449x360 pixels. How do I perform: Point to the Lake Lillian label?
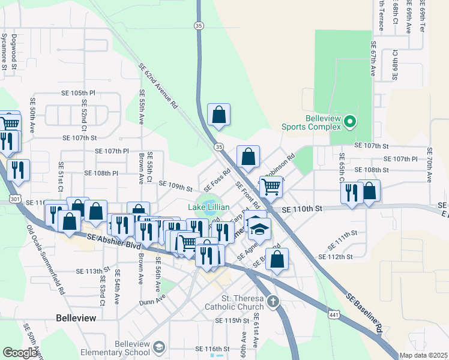point(209,208)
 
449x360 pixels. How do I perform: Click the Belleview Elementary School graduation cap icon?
point(158,347)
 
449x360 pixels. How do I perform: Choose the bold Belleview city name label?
point(75,318)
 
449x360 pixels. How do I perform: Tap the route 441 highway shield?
point(334,314)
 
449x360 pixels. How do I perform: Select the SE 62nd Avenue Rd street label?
point(158,86)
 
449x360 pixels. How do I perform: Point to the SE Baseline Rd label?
point(364,313)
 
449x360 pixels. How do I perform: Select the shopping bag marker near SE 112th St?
point(277,259)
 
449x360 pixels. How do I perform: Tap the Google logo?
point(20,353)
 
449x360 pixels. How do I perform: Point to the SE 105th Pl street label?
point(78,94)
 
